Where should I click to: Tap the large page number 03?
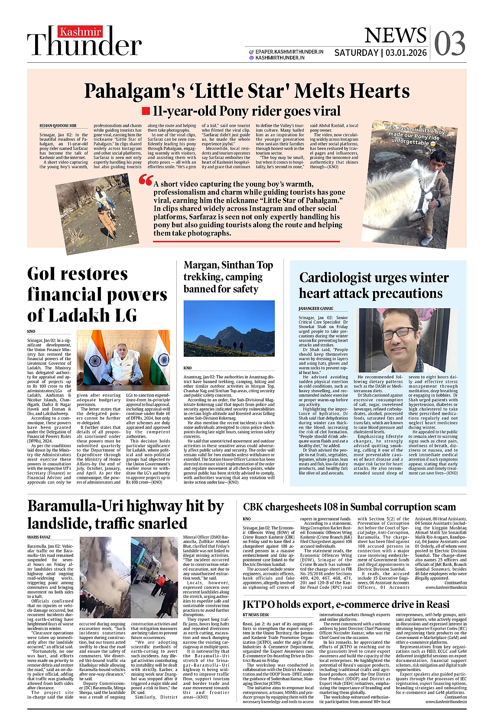click(449, 43)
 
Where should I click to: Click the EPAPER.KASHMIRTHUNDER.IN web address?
click(289, 52)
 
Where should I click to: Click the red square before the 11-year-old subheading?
click(146, 111)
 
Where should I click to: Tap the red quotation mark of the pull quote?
click(146, 180)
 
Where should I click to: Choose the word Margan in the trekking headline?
click(201, 265)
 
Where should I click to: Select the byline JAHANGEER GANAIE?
click(316, 308)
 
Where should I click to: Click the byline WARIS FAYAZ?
click(39, 537)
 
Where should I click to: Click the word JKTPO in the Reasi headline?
click(258, 604)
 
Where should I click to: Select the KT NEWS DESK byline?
click(256, 615)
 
